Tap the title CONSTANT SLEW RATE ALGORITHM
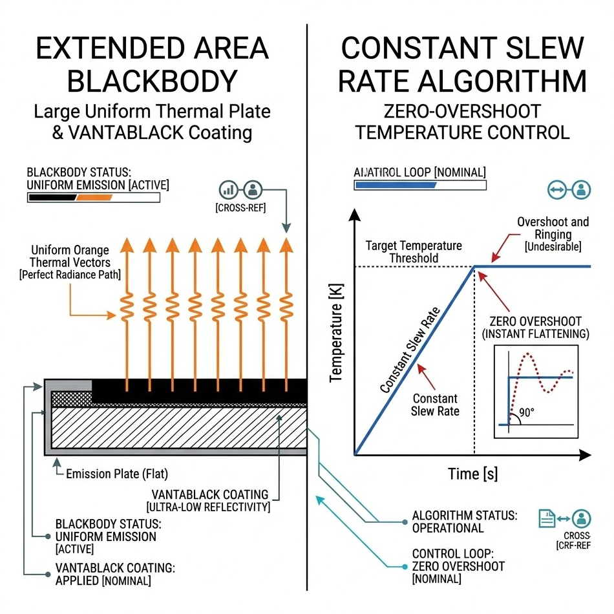click(463, 65)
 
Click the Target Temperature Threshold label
click(414, 252)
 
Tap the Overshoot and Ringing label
click(553, 233)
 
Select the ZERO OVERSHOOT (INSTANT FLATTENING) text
click(536, 328)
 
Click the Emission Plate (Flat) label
click(117, 474)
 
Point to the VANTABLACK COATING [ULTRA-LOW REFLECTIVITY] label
click(208, 501)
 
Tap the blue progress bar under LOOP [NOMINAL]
click(396, 185)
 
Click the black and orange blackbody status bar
click(93, 197)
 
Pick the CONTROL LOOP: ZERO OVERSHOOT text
click(458, 566)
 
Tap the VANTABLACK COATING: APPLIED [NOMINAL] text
click(115, 574)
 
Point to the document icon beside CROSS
click(546, 517)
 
